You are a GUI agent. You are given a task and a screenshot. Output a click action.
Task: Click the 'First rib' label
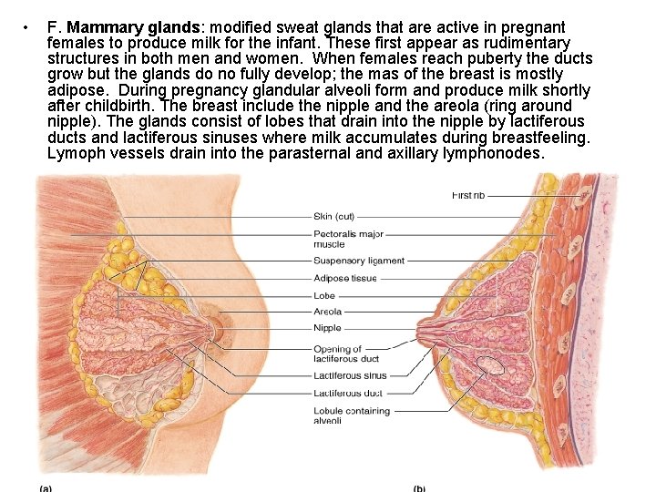tap(468, 195)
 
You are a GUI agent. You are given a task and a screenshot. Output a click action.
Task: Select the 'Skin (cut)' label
tap(333, 217)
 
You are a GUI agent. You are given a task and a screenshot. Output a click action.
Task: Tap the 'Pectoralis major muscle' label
tap(348, 239)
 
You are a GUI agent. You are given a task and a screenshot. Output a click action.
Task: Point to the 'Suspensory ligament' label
tap(358, 261)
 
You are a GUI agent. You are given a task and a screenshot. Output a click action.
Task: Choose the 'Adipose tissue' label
tap(344, 278)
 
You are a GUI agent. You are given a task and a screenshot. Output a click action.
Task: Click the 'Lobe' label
tap(324, 295)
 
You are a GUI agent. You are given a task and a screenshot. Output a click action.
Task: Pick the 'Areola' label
tap(328, 312)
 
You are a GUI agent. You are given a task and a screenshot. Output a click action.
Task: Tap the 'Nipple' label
tap(327, 328)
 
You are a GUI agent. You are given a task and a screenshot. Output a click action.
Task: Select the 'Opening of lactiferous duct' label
tap(337, 354)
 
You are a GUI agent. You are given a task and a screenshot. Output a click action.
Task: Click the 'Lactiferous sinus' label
tap(350, 375)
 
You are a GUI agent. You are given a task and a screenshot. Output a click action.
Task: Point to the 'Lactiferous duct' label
tap(347, 394)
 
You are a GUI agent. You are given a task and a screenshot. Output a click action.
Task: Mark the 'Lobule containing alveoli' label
tap(351, 415)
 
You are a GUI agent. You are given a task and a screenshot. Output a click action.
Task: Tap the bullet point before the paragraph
tap(32, 26)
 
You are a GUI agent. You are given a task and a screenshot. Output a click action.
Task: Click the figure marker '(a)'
tap(45, 487)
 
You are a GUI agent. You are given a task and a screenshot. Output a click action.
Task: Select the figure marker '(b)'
tap(419, 487)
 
